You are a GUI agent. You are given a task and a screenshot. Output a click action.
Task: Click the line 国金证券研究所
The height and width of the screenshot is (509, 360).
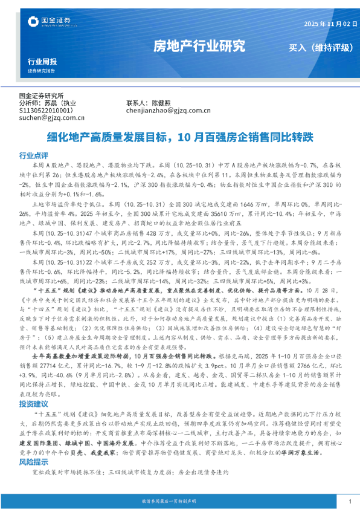[x=42, y=96]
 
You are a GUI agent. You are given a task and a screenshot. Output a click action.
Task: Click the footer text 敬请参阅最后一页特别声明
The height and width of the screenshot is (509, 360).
[x=179, y=502]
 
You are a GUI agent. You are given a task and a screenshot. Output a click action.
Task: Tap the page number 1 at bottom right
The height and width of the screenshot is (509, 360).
[x=350, y=502]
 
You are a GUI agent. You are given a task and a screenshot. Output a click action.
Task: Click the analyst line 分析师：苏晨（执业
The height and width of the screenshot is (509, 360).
[x=48, y=103]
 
